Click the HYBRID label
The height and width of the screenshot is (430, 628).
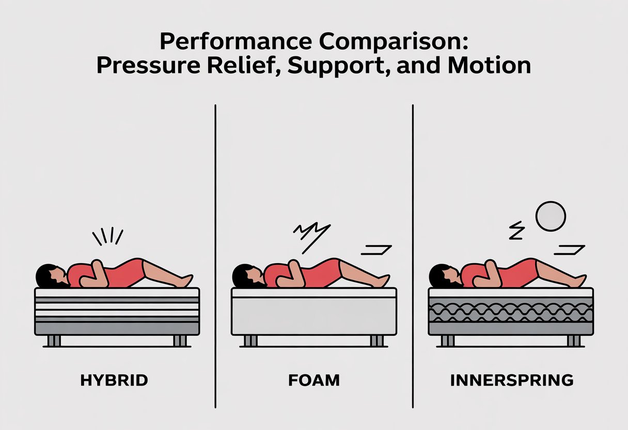114,381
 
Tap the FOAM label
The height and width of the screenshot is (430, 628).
314,381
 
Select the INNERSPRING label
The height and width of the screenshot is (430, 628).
512,381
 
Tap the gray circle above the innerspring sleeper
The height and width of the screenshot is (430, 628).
551,217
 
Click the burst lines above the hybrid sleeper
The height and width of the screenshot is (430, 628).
107,237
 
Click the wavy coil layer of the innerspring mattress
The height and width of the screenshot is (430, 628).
511,310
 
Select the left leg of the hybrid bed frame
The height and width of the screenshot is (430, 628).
54,340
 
